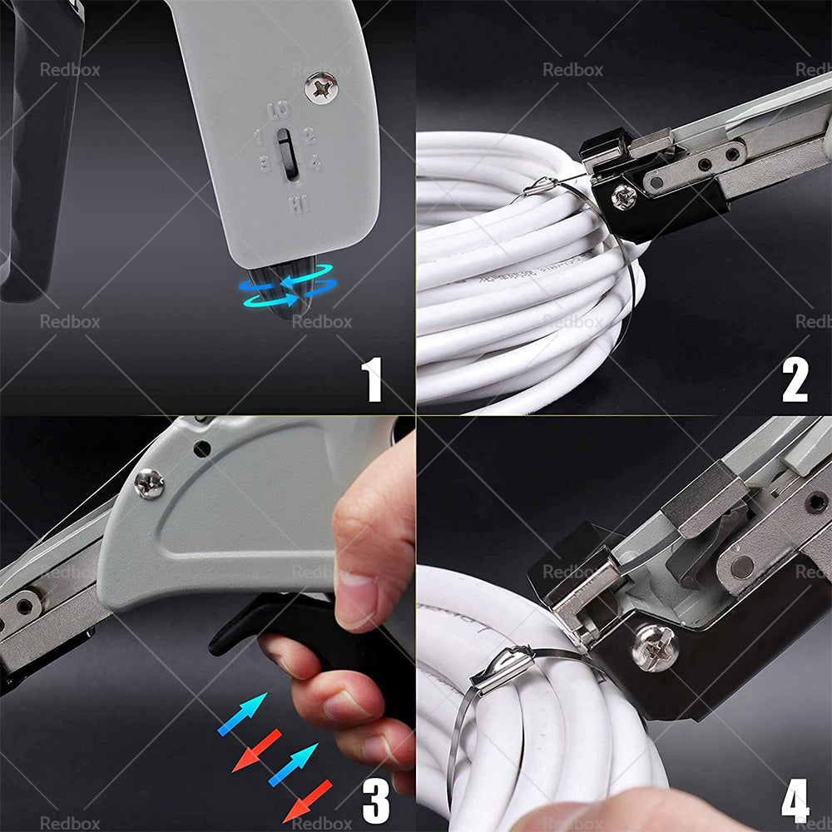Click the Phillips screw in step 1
[x=320, y=87]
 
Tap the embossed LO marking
[x=279, y=109]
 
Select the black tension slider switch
[x=287, y=154]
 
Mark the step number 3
[x=375, y=800]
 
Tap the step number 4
[x=795, y=800]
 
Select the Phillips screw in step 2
[x=623, y=196]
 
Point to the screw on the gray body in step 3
[x=149, y=483]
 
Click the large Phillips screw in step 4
[x=655, y=648]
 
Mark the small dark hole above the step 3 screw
[x=201, y=448]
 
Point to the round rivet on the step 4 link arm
[x=740, y=566]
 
